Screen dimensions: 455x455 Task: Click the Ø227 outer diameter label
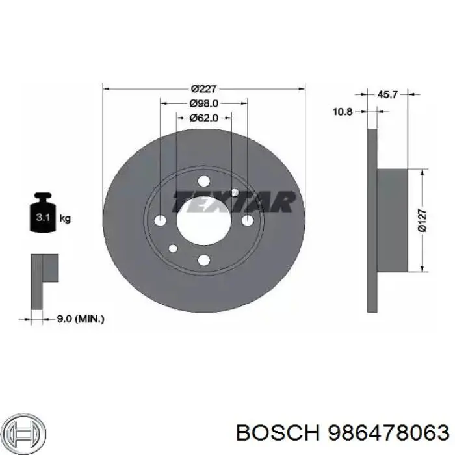point(203,89)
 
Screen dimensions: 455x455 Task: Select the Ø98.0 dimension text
point(203,103)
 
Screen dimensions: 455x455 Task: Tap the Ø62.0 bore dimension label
point(203,118)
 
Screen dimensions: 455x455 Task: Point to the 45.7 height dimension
point(387,95)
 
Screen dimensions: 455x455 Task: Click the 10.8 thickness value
point(342,112)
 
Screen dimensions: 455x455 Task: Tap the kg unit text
point(65,218)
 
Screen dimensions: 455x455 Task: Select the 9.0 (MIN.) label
point(81,318)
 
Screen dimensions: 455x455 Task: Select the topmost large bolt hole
point(203,181)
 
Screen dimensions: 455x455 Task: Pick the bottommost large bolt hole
point(203,261)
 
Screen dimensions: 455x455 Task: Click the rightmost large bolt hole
point(246,221)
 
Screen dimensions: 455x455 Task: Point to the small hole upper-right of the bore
point(235,192)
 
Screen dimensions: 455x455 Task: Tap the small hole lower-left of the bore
point(173,248)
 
